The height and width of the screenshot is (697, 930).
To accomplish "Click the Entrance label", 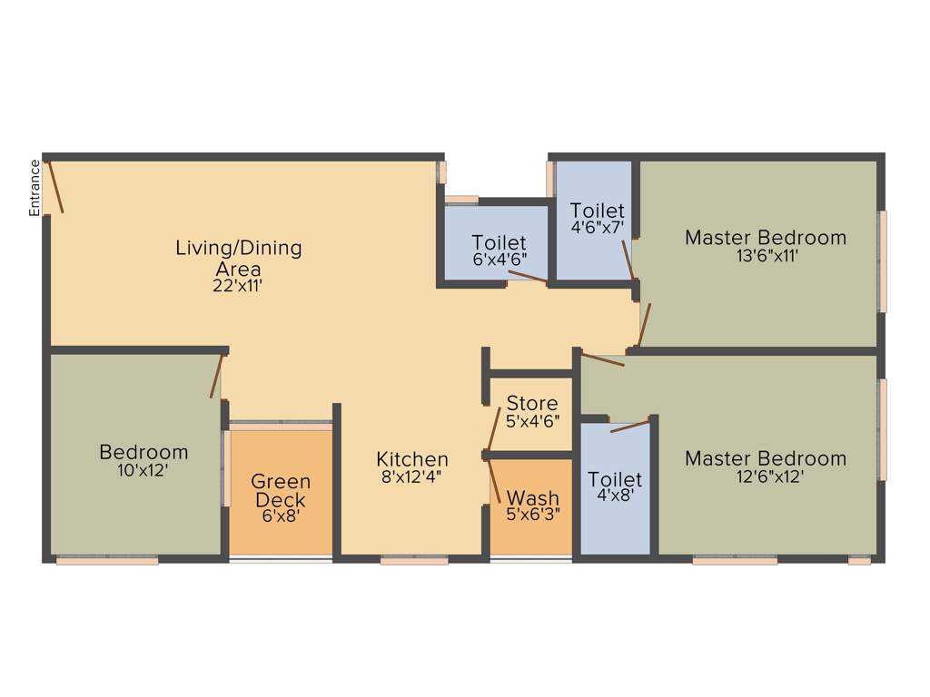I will pyautogui.click(x=35, y=188).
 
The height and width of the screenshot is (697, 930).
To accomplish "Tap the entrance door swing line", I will pyautogui.click(x=56, y=187).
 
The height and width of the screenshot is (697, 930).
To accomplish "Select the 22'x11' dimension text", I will pyautogui.click(x=238, y=285).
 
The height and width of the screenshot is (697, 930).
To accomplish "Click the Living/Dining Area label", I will pyautogui.click(x=238, y=258).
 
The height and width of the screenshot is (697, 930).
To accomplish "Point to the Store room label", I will pyautogui.click(x=532, y=403).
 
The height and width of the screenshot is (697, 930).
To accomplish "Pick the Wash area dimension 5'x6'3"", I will pyautogui.click(x=534, y=514).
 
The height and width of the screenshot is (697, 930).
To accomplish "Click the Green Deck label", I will pyautogui.click(x=281, y=491).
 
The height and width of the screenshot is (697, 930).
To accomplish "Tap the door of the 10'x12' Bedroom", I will pyautogui.click(x=216, y=376).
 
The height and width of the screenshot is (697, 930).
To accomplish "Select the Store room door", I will pyautogui.click(x=494, y=428).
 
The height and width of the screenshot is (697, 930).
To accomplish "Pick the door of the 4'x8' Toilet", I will pyautogui.click(x=630, y=426).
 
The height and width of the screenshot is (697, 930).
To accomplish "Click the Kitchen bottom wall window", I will pyautogui.click(x=414, y=561).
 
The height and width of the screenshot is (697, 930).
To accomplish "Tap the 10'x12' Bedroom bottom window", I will pyautogui.click(x=107, y=561).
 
